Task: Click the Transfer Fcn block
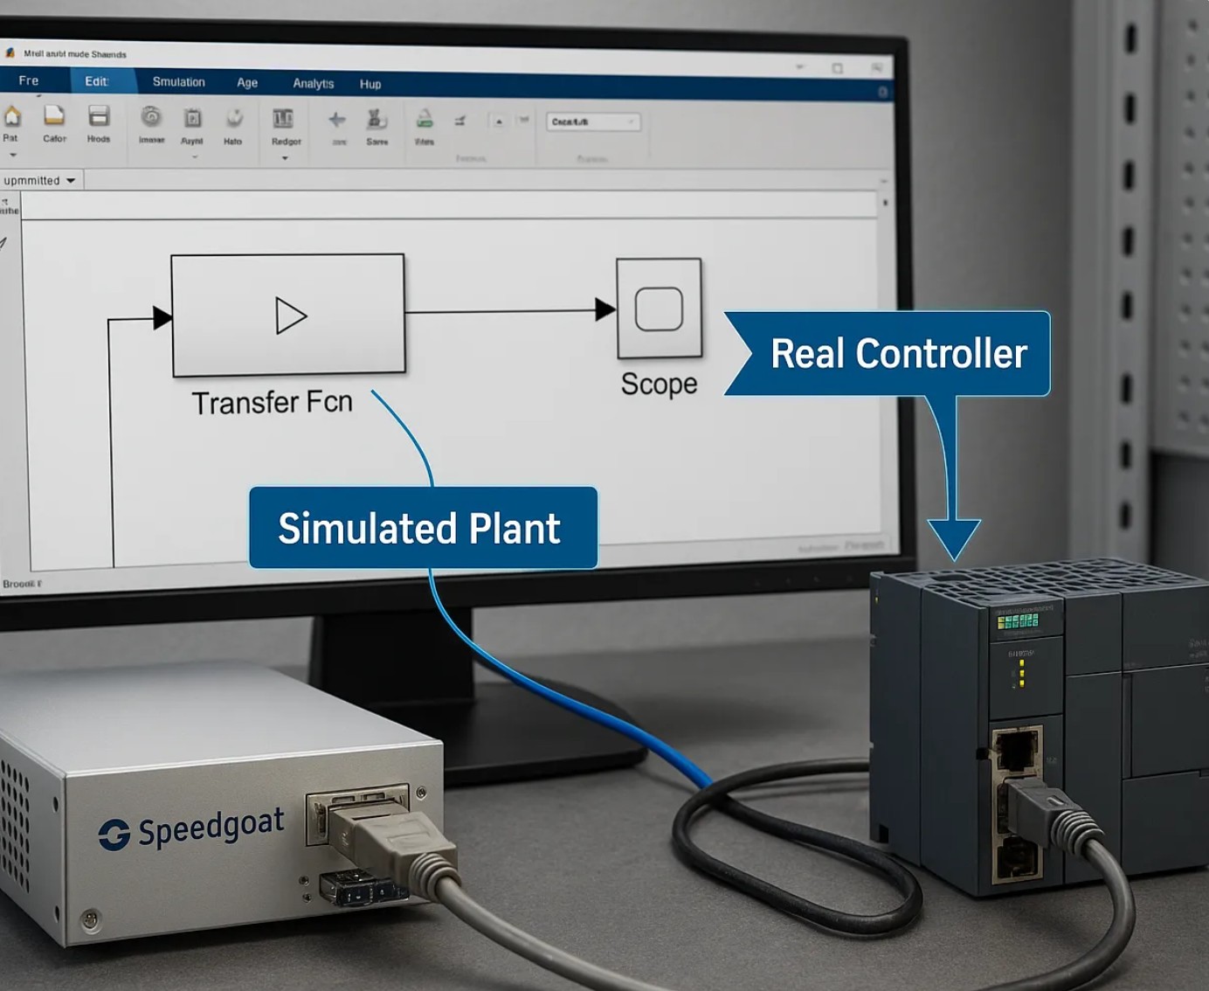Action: pos(288,315)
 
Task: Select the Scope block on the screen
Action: pos(659,308)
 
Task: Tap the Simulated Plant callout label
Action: pos(420,529)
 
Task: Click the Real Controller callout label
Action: pos(898,354)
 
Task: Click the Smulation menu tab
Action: pos(178,82)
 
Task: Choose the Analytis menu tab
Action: pos(313,84)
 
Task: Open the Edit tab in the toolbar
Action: pos(96,81)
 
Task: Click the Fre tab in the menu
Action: pos(29,80)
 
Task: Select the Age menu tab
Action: pos(247,83)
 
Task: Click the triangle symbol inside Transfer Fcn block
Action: pos(290,315)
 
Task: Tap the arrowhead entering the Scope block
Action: pos(604,308)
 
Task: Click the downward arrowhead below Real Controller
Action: pos(954,538)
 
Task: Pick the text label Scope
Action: pos(659,384)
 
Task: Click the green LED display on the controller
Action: pos(1018,620)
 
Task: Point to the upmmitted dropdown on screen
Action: pos(39,181)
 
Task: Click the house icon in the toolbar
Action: pos(12,116)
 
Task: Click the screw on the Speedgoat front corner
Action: pos(89,919)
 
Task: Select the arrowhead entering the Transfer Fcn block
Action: pos(162,318)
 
